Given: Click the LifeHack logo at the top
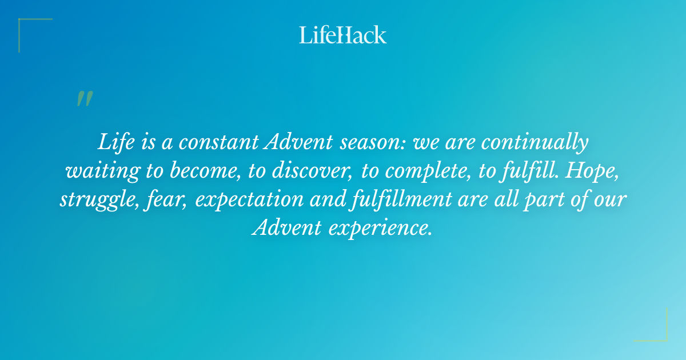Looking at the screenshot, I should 343,35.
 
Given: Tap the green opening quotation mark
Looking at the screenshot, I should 84,99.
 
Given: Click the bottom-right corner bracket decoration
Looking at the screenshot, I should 657,331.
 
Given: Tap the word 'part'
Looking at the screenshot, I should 548,199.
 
